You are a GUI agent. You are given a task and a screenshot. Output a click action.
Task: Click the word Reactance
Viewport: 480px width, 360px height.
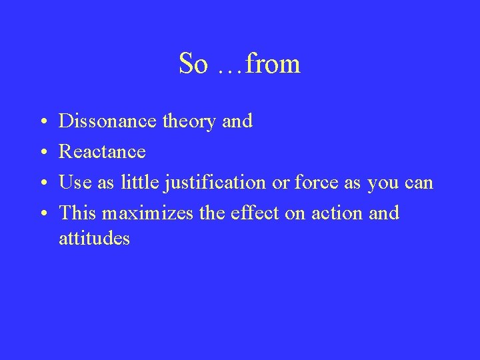(103, 152)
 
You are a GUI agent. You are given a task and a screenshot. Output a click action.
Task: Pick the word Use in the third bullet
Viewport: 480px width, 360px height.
(74, 183)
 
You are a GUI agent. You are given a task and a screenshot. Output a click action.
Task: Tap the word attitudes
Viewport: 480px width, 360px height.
(95, 238)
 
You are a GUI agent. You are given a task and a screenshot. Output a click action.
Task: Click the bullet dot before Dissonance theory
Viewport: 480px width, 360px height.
(42, 123)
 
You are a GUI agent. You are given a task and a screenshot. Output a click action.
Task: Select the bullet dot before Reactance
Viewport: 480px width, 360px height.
(42, 153)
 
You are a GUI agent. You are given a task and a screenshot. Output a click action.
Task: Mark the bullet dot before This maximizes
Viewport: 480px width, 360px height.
(42, 215)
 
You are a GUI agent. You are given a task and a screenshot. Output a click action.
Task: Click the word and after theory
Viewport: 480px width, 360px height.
(238, 121)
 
